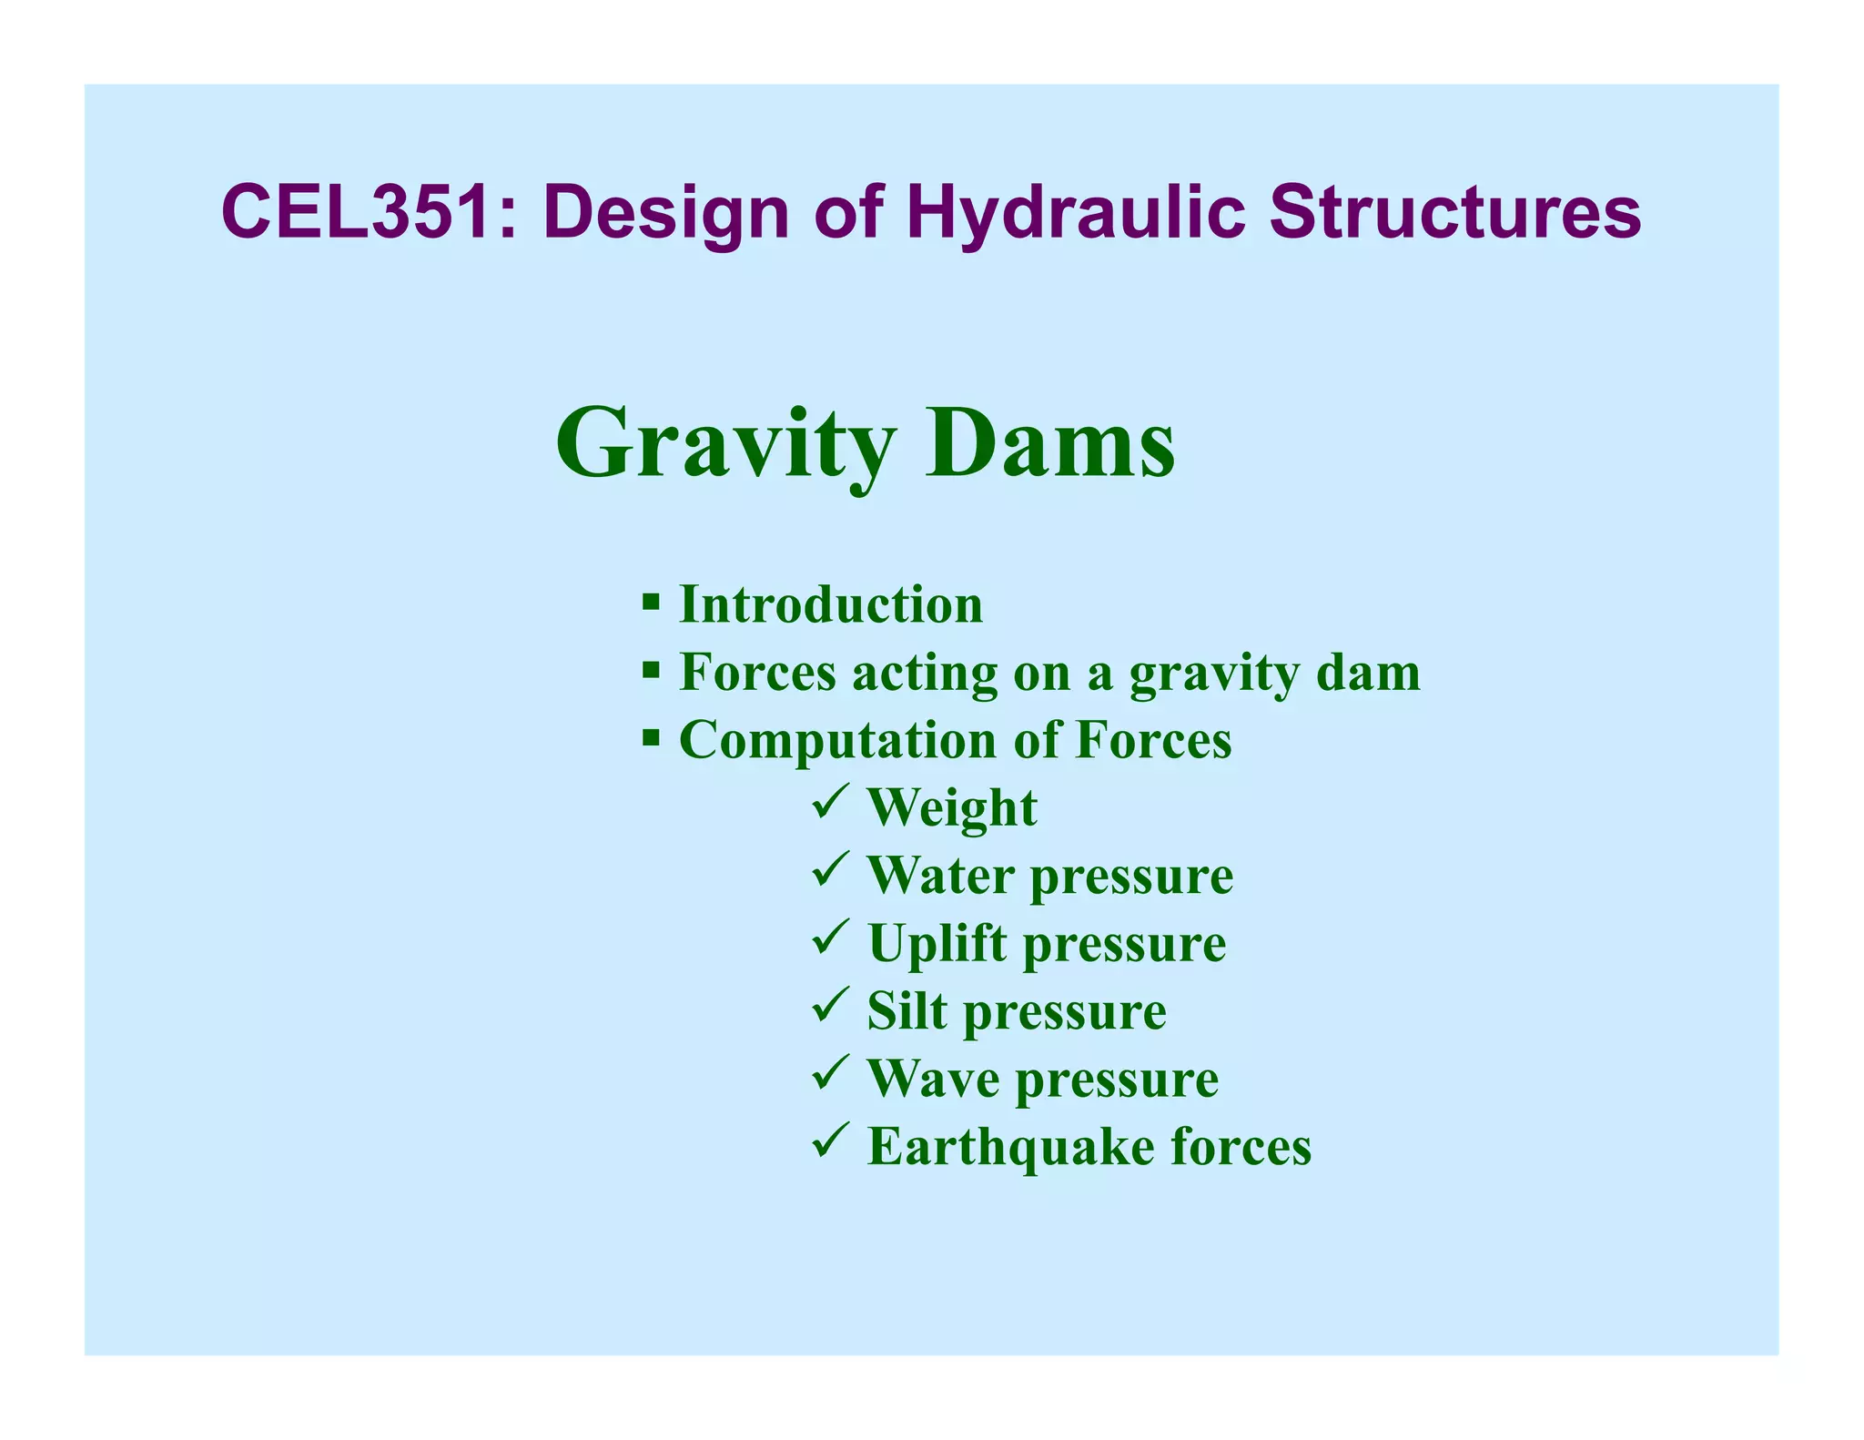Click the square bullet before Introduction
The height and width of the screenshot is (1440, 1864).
point(650,602)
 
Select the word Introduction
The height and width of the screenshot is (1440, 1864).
point(831,604)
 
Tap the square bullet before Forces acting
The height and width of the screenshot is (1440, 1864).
point(650,671)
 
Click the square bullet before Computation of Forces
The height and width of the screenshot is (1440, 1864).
point(650,736)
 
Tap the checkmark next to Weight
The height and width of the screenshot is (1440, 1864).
point(830,802)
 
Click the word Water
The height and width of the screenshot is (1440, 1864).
point(941,875)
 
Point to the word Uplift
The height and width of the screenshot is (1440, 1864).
point(937,945)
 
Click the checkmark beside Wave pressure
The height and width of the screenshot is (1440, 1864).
point(830,1073)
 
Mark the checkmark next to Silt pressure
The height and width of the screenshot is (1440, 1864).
point(830,1006)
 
